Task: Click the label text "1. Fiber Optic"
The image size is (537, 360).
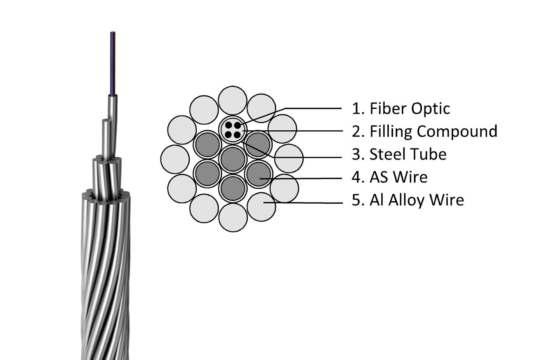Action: click(400, 108)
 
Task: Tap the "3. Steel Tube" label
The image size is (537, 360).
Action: click(399, 154)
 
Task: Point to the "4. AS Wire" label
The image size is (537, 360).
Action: click(390, 177)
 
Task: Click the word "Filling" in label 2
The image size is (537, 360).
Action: click(391, 131)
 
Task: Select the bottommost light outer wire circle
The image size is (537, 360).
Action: click(233, 217)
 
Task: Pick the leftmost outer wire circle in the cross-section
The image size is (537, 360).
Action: click(175, 159)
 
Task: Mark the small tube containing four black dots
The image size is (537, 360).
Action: click(233, 129)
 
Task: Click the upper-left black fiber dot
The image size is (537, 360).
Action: click(228, 125)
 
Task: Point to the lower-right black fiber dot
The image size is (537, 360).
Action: click(237, 134)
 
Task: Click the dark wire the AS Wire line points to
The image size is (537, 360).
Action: click(259, 174)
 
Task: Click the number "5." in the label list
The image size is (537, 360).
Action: click(358, 200)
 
